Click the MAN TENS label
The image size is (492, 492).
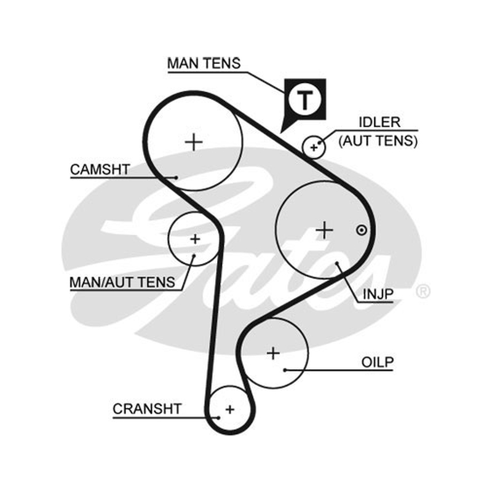point(204,63)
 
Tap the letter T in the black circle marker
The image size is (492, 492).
point(305,100)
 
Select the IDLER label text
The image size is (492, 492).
point(379,122)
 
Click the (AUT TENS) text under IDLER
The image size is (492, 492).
point(378,141)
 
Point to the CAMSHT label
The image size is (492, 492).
point(100,170)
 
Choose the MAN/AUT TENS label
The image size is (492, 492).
point(122,282)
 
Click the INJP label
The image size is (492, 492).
point(378,295)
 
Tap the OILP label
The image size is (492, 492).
point(378,362)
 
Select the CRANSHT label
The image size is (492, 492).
point(147,409)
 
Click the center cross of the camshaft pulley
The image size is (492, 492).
point(194,142)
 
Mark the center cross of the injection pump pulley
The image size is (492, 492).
point(324,230)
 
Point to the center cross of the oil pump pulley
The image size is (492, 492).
point(273,353)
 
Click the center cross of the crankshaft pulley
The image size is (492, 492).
point(230,409)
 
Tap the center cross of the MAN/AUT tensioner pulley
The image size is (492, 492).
point(195,239)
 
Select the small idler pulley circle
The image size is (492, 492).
point(314,136)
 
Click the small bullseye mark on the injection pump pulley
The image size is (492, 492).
point(362,230)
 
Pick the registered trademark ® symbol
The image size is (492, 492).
point(423,292)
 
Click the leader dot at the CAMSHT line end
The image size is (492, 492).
point(177,178)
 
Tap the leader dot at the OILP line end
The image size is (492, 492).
point(285,370)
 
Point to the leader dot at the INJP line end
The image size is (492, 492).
point(337,263)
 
